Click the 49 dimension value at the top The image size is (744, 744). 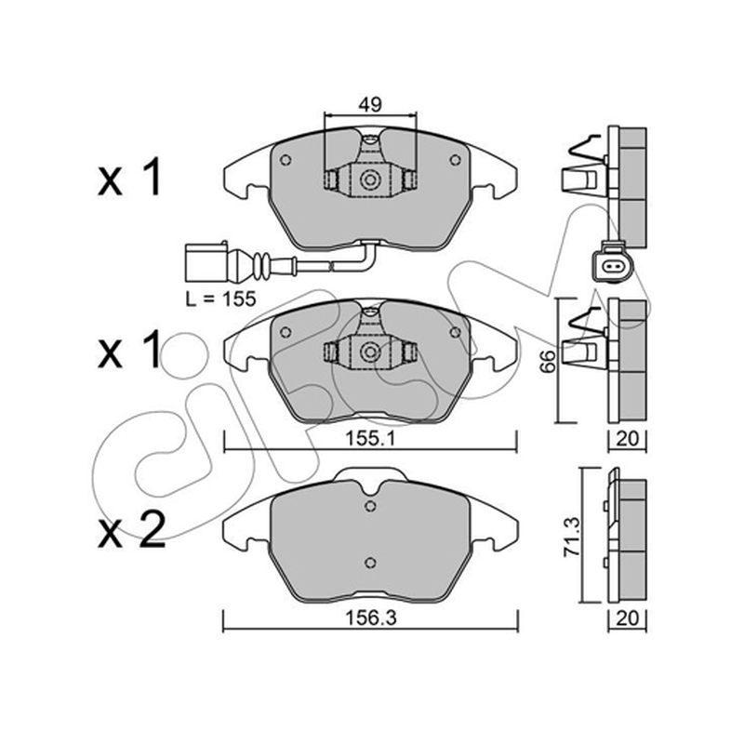pyautogui.click(x=370, y=104)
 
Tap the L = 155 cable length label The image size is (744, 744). pyautogui.click(x=220, y=299)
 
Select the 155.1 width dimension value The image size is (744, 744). pyautogui.click(x=369, y=439)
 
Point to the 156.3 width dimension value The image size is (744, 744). pyautogui.click(x=370, y=618)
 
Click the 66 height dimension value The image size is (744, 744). pyautogui.click(x=548, y=362)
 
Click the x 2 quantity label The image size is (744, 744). pyautogui.click(x=131, y=531)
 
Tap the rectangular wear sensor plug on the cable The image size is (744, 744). pyautogui.click(x=206, y=262)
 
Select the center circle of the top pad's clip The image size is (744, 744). pyautogui.click(x=369, y=179)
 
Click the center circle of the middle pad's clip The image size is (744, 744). pyautogui.click(x=369, y=352)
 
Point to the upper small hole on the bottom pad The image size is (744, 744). pyautogui.click(x=370, y=506)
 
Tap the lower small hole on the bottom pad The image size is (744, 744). pyautogui.click(x=370, y=563)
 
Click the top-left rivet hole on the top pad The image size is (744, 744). pyautogui.click(x=286, y=160)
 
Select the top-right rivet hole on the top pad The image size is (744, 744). pyautogui.click(x=455, y=160)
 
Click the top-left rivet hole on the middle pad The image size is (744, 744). pyautogui.click(x=286, y=332)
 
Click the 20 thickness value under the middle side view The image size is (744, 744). pyautogui.click(x=627, y=439)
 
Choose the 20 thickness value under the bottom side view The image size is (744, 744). pyautogui.click(x=627, y=618)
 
